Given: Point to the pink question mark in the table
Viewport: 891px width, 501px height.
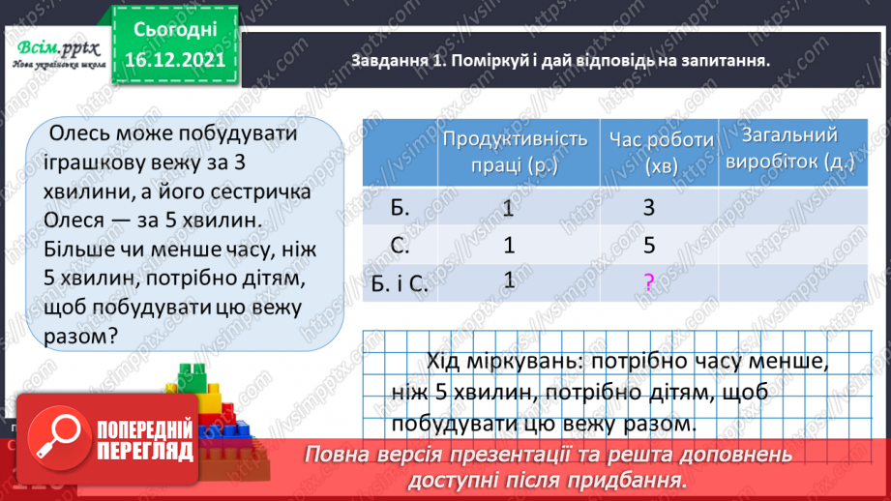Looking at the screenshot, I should coord(649,282).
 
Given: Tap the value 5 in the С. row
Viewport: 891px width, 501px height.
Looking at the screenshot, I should coord(649,246).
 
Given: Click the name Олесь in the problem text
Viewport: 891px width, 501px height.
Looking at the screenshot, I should coord(86,132).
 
